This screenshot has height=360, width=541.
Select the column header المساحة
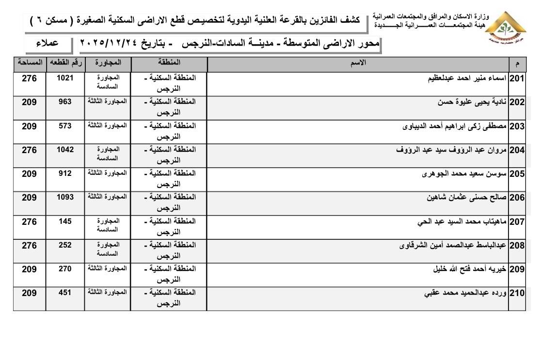[30, 63]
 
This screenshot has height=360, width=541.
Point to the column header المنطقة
[169, 63]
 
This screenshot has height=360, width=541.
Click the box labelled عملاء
[48, 44]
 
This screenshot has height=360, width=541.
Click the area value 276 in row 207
[29, 221]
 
